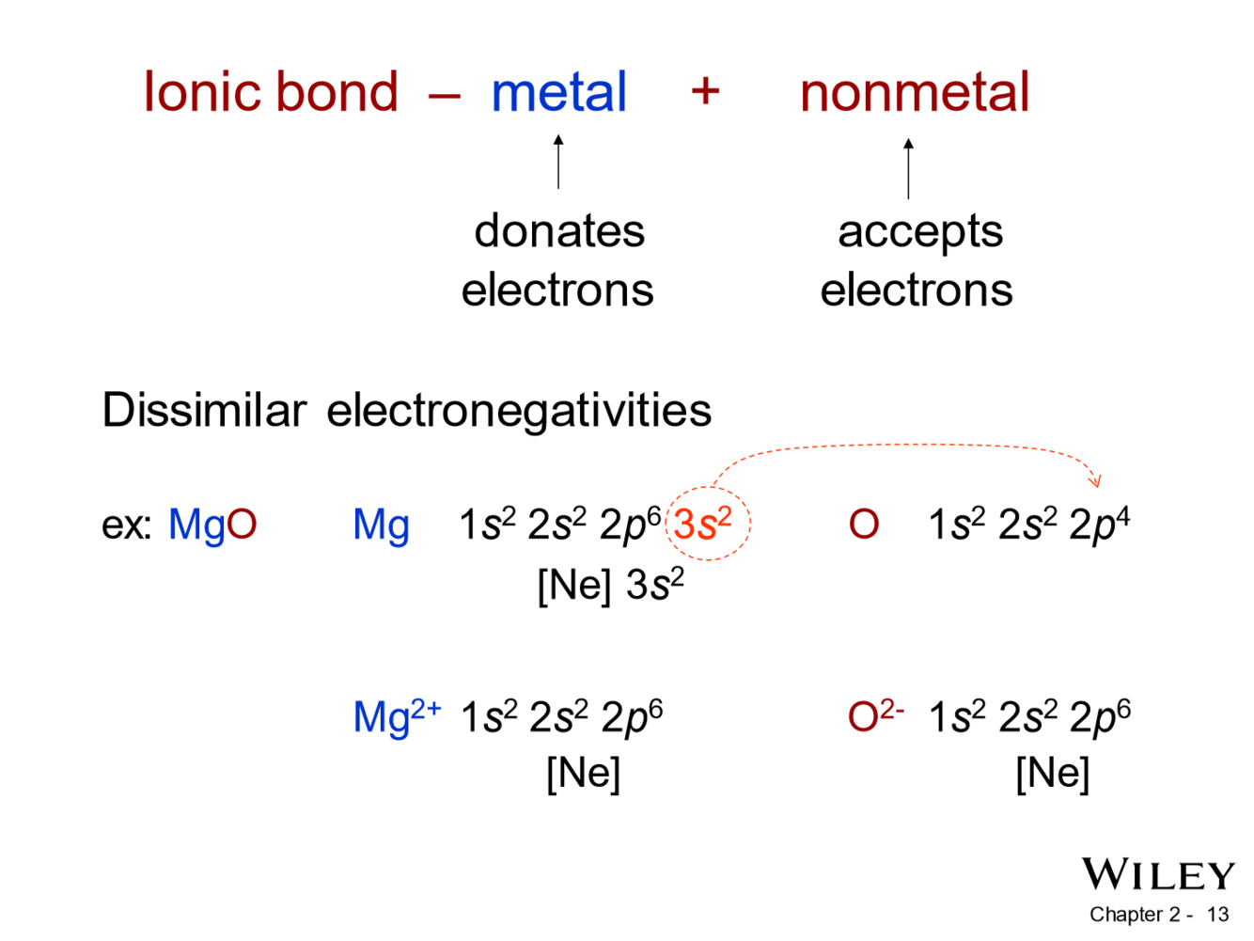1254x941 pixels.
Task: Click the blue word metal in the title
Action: coord(558,93)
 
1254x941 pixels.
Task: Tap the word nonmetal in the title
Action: coord(914,93)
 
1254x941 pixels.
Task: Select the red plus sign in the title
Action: coord(705,91)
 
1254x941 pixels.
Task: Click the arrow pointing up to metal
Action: coord(558,162)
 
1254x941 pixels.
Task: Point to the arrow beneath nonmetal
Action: coord(908,168)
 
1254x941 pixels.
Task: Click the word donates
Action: coord(559,231)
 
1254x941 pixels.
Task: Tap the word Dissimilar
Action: coord(204,410)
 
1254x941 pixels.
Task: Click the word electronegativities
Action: coord(519,410)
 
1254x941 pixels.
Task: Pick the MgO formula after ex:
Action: coord(212,525)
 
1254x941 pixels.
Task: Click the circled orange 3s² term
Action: coord(703,524)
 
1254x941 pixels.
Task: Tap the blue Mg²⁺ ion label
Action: coord(396,716)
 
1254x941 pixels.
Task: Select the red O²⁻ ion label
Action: coord(874,716)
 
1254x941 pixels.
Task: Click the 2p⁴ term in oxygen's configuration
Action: coord(1100,525)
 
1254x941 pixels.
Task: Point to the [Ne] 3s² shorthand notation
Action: coord(610,585)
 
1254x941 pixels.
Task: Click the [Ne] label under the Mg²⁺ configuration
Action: coord(584,773)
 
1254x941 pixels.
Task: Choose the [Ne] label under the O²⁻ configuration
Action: coord(1053,773)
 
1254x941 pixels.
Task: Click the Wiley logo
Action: coord(1157,874)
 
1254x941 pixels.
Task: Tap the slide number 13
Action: coord(1217,915)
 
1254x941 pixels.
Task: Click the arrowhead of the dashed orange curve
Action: coord(1094,481)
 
